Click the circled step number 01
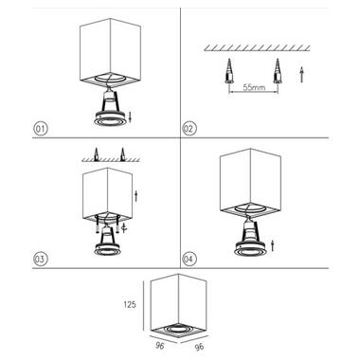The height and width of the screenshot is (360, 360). (40, 129)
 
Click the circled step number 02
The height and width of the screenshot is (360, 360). (189, 129)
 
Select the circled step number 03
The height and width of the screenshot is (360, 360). (40, 259)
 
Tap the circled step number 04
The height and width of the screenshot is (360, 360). (189, 259)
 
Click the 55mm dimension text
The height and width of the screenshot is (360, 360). (254, 87)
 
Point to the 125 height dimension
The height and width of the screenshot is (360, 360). (129, 304)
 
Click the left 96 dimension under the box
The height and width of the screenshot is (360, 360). (160, 345)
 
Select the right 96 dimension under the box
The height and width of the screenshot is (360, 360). (199, 347)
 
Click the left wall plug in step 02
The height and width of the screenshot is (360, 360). (228, 71)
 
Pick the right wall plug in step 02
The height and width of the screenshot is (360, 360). (278, 71)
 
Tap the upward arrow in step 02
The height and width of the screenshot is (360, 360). (301, 75)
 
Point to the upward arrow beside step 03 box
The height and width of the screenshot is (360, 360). (135, 196)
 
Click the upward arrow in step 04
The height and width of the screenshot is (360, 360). (272, 246)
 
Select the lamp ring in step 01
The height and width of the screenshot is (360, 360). (110, 118)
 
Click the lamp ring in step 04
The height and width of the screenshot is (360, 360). (249, 249)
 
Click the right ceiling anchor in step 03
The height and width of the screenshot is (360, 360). (123, 153)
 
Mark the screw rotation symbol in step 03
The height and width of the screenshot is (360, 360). (124, 227)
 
